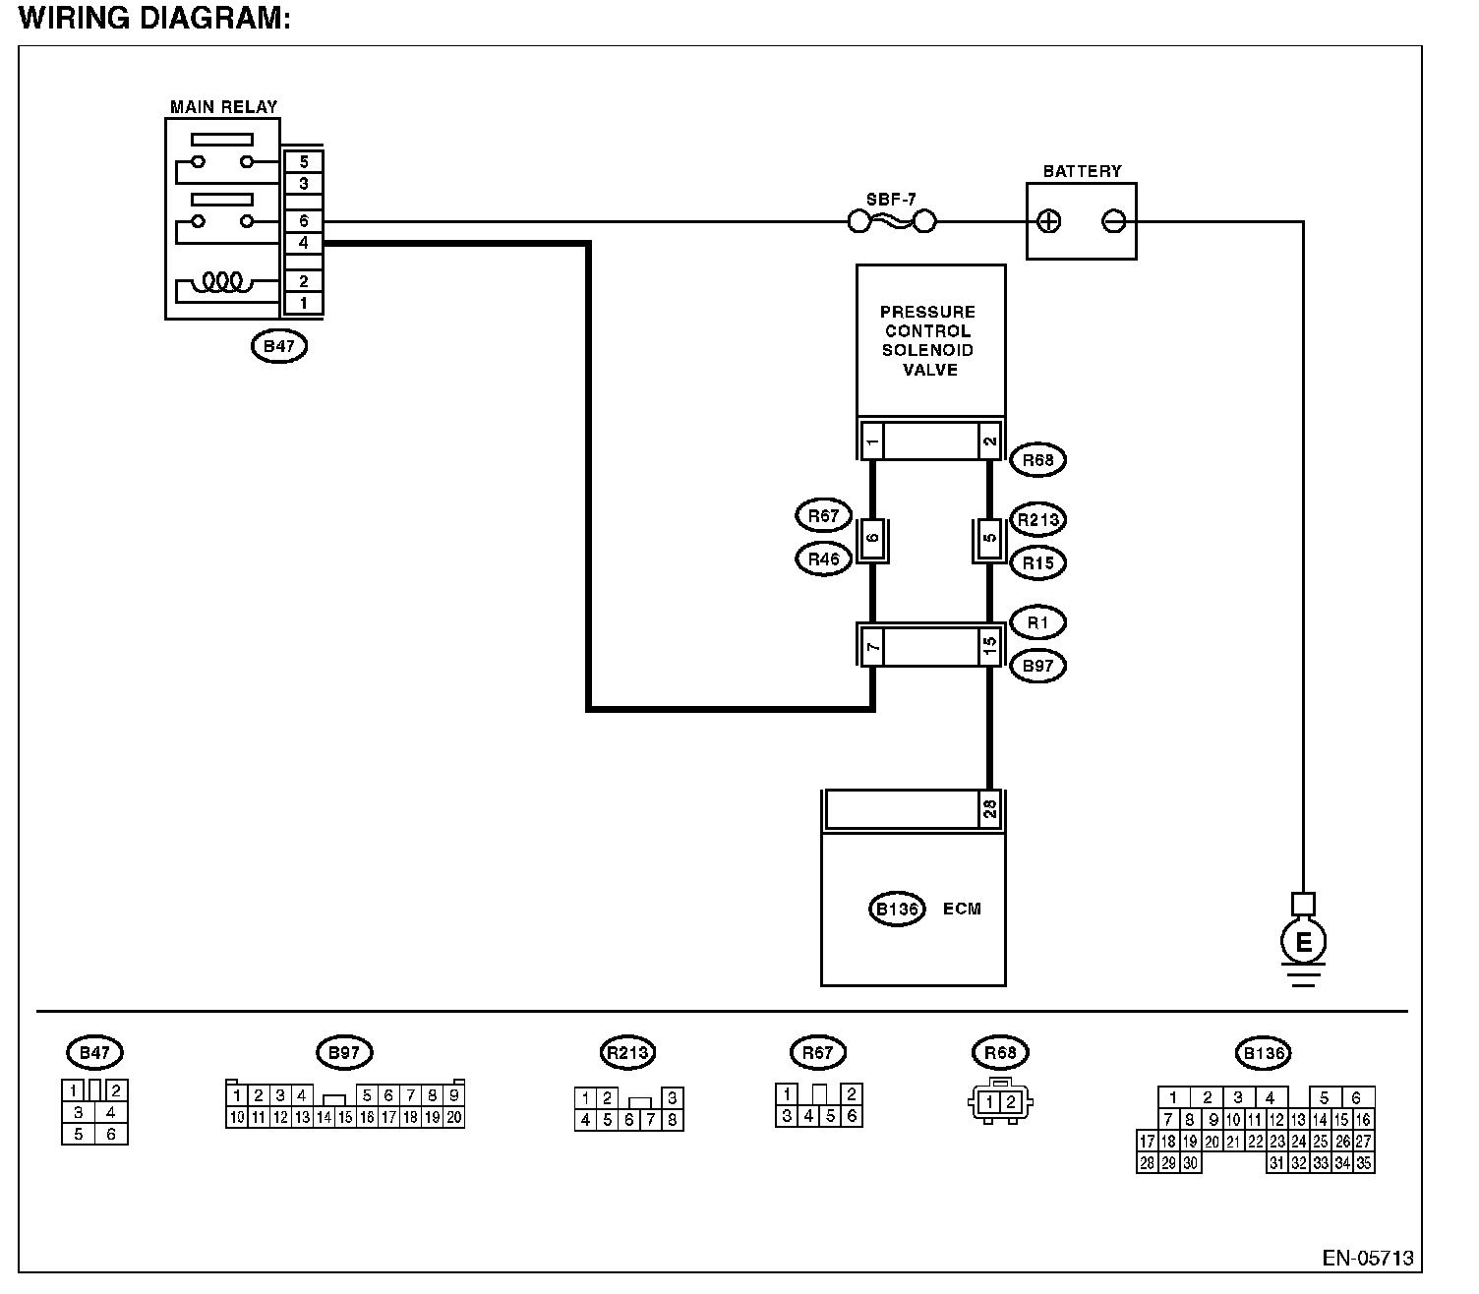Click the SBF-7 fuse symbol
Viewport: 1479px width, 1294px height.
tap(891, 221)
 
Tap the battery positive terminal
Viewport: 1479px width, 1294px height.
tap(1048, 221)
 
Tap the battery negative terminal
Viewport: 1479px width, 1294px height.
tap(1113, 221)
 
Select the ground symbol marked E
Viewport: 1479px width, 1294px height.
tap(1303, 941)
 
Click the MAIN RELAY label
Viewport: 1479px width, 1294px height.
tap(223, 107)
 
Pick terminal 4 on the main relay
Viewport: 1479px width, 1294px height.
tap(303, 243)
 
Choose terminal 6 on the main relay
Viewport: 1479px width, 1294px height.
tap(303, 220)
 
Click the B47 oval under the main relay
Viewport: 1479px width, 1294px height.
tap(279, 346)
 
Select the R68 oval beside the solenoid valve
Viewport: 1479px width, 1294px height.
tap(1037, 460)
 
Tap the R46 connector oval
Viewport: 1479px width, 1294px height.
tap(823, 559)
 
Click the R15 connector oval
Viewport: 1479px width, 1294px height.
tap(1037, 563)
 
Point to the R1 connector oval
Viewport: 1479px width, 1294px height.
tap(1037, 622)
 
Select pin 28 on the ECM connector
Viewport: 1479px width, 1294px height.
tap(989, 808)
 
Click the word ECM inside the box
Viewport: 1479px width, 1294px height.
tap(962, 909)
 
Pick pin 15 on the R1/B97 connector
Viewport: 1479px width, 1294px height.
tap(989, 644)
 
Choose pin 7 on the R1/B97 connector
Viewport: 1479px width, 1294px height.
tap(872, 646)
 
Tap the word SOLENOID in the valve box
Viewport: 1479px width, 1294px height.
tap(928, 351)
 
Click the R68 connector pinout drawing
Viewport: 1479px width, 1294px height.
tap(1000, 1101)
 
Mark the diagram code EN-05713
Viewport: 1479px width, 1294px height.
tap(1368, 1259)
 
